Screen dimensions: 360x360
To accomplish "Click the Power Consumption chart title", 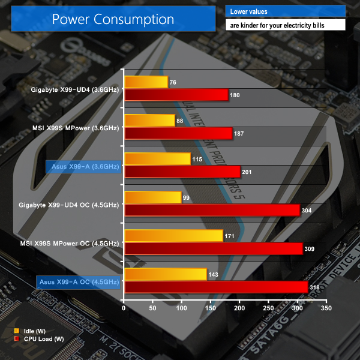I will [113, 19].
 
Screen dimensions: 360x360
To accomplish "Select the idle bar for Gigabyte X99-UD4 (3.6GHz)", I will [146, 82].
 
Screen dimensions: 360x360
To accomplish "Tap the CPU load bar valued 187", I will [178, 133].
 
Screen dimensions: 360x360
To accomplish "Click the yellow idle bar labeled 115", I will [157, 159].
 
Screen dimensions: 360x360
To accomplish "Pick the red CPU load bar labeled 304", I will [212, 210].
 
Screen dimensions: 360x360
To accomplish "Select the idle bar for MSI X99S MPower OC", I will [173, 236].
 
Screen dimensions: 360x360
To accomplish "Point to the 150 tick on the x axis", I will [210, 308].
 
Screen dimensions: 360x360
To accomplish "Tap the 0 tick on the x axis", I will [124, 308].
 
